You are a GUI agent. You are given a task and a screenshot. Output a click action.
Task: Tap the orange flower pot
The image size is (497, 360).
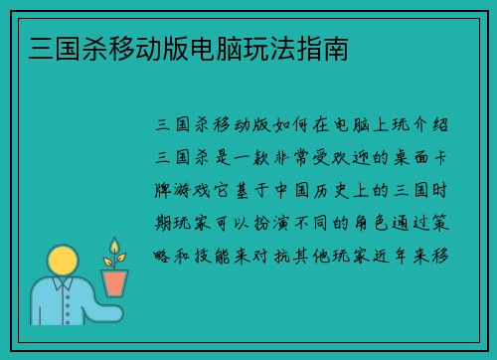coord(114,282)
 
